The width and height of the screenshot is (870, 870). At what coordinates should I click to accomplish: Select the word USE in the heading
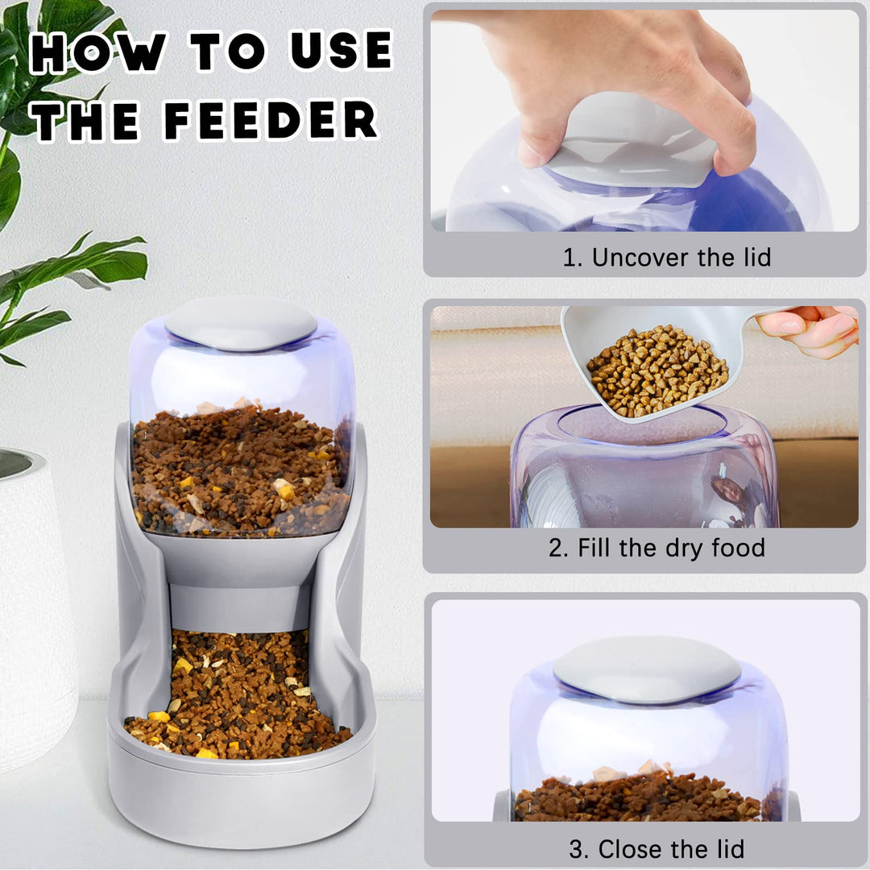pos(341,52)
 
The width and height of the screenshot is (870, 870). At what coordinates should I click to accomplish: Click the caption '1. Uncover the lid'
pos(666,258)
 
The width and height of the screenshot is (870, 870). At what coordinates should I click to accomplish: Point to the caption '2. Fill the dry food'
pos(657,549)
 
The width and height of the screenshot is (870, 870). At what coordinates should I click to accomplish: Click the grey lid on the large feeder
pos(241,322)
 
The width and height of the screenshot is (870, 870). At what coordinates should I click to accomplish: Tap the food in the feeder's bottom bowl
pos(238,701)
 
